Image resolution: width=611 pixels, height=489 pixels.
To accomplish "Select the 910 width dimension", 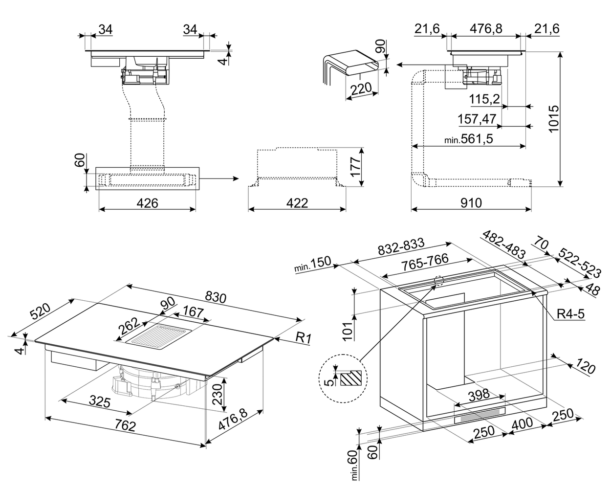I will tap(471, 202).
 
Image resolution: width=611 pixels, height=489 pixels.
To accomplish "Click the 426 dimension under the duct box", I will tap(147, 202).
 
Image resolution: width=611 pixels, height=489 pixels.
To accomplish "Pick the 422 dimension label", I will tap(297, 202).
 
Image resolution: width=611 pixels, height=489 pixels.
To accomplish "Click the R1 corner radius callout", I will tap(304, 337).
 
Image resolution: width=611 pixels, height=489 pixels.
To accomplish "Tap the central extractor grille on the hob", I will tap(157, 336).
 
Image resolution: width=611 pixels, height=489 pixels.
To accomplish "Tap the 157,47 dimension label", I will tap(477, 119).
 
